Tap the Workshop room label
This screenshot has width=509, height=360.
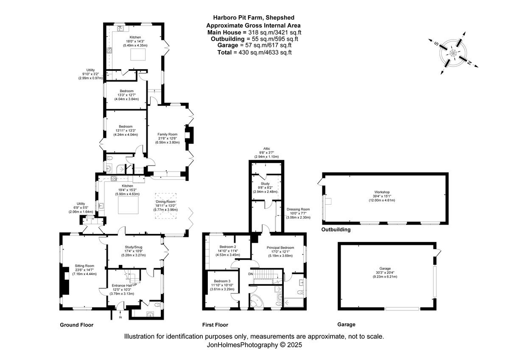(385, 192)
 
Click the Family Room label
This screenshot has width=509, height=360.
(167, 134)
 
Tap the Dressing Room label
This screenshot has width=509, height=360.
(298, 209)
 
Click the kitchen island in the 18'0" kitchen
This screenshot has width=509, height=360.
(137, 54)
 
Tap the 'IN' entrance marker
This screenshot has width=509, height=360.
(120, 317)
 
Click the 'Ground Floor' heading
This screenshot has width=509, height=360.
(76, 325)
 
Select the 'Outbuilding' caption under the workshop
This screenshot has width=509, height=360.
(336, 230)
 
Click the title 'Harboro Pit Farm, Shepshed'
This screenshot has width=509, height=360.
(254, 18)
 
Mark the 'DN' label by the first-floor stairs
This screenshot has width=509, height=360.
(250, 274)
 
